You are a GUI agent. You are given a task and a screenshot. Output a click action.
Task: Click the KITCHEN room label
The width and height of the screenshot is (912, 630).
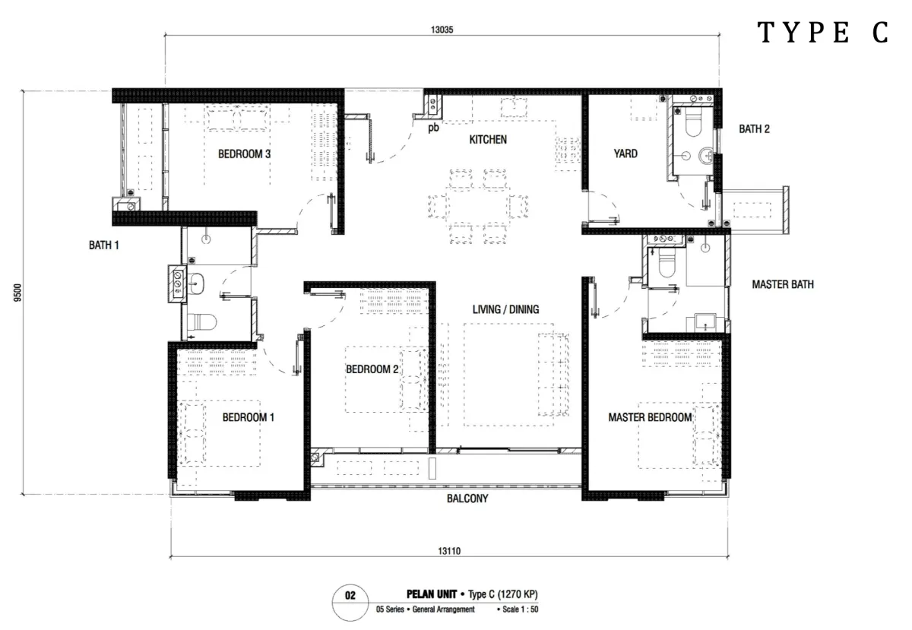point(488,140)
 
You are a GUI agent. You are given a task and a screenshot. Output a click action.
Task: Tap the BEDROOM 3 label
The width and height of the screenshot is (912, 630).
point(244,154)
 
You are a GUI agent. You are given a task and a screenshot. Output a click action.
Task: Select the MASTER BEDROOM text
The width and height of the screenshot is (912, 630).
point(650,417)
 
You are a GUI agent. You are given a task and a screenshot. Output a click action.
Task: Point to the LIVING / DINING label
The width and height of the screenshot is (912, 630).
point(505,309)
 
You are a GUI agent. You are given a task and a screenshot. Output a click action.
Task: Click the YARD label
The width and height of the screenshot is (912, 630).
point(625,154)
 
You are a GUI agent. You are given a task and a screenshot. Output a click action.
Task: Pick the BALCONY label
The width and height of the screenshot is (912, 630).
point(467,499)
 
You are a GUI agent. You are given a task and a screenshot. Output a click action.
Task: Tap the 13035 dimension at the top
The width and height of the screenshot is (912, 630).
point(442,30)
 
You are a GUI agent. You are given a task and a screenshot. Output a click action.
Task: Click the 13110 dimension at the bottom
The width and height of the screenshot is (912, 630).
point(449,551)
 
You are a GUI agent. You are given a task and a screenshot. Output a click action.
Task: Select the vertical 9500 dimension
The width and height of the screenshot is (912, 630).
point(17,293)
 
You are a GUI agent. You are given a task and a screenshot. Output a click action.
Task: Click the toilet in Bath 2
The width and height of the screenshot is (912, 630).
point(693,122)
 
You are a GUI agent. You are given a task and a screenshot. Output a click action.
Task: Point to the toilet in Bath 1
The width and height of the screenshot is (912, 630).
point(201,322)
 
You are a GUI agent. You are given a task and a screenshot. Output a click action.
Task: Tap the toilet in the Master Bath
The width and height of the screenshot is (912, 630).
point(667,263)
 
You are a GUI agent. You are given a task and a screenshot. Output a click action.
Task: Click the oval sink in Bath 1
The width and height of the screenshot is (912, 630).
point(196,283)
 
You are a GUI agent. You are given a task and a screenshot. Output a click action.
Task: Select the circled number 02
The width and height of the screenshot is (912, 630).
point(350,596)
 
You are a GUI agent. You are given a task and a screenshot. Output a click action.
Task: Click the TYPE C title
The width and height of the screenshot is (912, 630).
point(823,32)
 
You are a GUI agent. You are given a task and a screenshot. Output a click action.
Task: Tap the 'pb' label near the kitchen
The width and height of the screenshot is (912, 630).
point(433,128)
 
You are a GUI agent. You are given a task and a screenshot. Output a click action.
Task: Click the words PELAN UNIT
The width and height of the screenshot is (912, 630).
point(432,594)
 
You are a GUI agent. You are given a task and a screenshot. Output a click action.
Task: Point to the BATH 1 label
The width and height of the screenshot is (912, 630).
point(104,245)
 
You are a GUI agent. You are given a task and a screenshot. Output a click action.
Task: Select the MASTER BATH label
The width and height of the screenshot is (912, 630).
point(783,284)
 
